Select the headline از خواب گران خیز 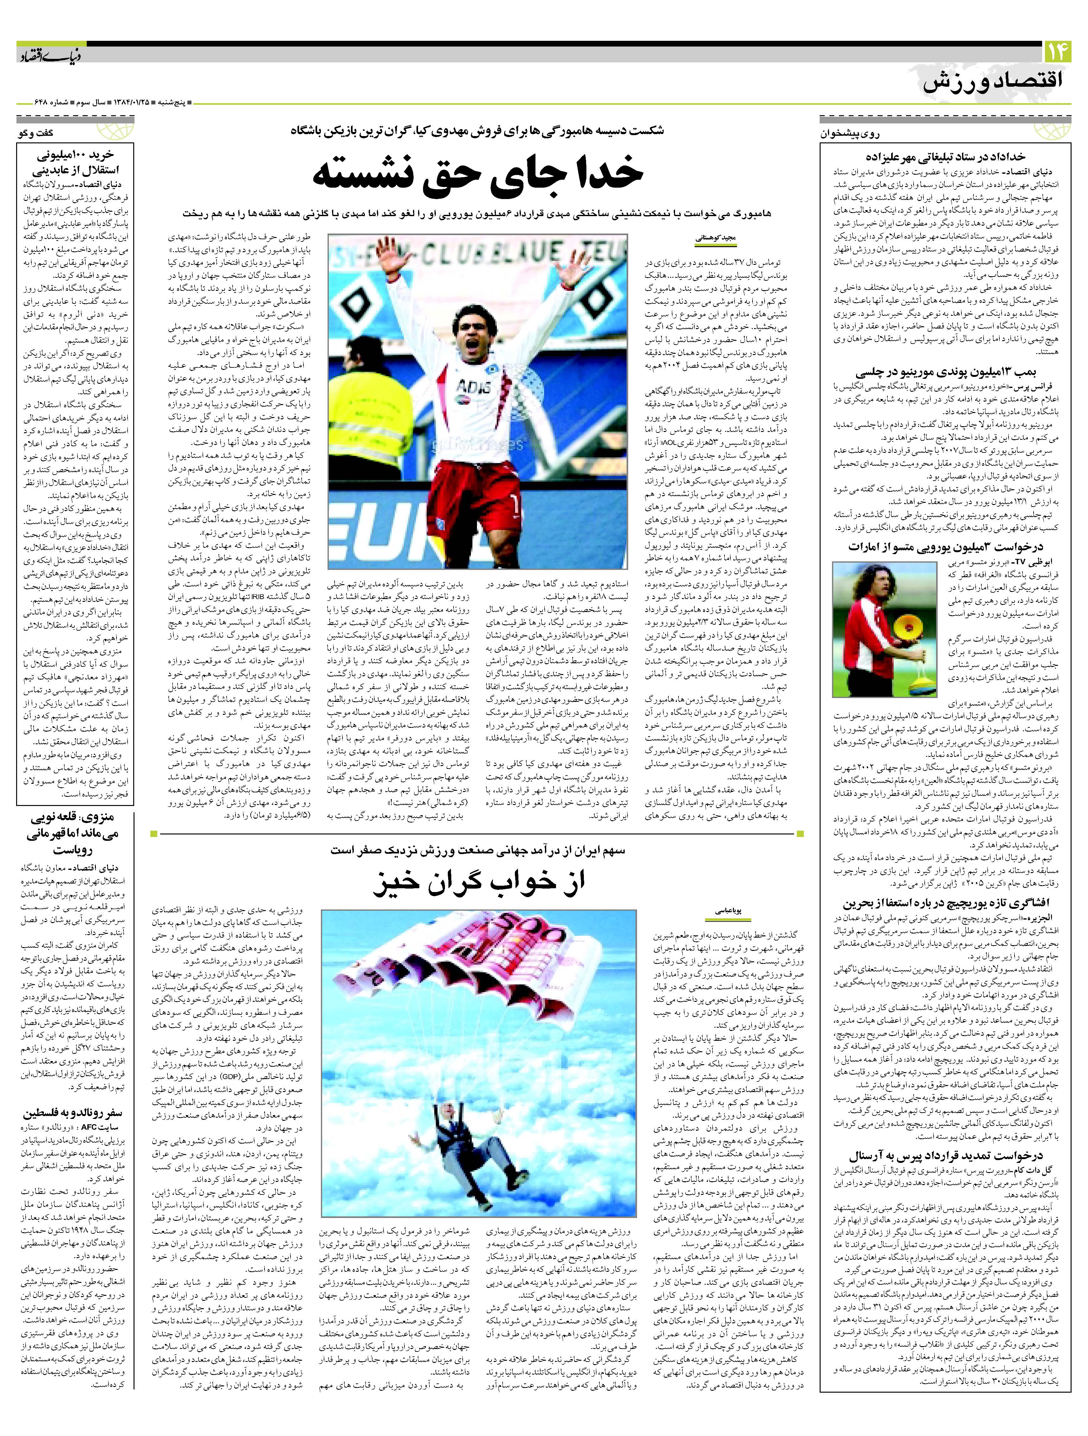click(478, 883)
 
